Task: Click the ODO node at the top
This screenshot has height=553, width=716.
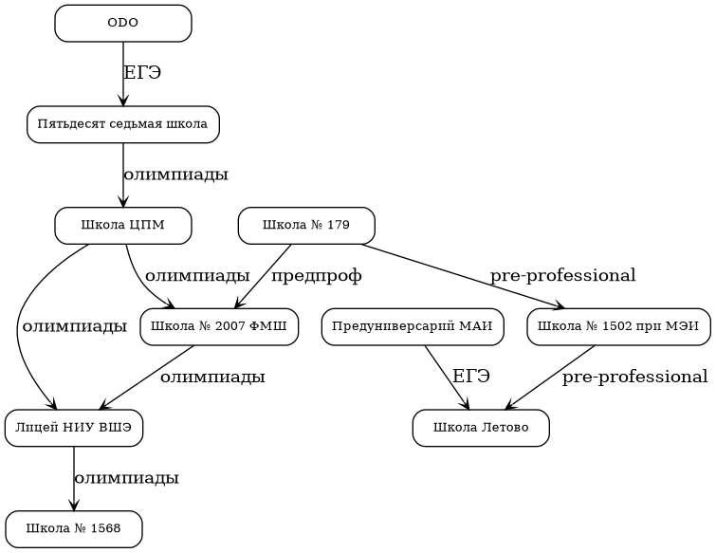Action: tap(123, 24)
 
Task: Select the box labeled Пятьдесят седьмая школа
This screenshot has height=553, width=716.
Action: tap(123, 124)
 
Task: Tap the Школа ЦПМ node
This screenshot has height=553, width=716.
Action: tap(123, 226)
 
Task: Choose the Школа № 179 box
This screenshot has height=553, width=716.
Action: tap(306, 226)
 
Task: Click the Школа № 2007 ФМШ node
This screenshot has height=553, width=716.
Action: tap(219, 327)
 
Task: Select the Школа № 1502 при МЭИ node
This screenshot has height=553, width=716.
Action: tap(618, 327)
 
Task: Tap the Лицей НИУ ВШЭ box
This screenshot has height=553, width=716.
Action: tap(74, 428)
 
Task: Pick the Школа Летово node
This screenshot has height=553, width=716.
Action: tap(481, 428)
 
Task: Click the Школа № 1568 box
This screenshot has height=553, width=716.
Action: tap(74, 529)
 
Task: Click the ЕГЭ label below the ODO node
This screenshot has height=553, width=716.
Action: tap(142, 73)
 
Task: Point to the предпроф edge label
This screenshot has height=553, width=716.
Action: tap(317, 276)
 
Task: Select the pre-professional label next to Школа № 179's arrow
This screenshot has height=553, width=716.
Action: tap(562, 276)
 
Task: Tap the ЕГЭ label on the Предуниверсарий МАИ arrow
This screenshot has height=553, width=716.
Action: tap(471, 377)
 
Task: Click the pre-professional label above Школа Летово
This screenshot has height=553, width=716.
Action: tap(634, 378)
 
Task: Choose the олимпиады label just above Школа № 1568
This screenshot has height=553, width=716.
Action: tap(126, 478)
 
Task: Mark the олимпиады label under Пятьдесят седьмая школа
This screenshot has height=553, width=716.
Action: tap(175, 175)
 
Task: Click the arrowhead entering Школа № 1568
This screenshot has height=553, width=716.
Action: tap(74, 506)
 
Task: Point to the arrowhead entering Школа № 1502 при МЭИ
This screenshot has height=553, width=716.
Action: tap(560, 306)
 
